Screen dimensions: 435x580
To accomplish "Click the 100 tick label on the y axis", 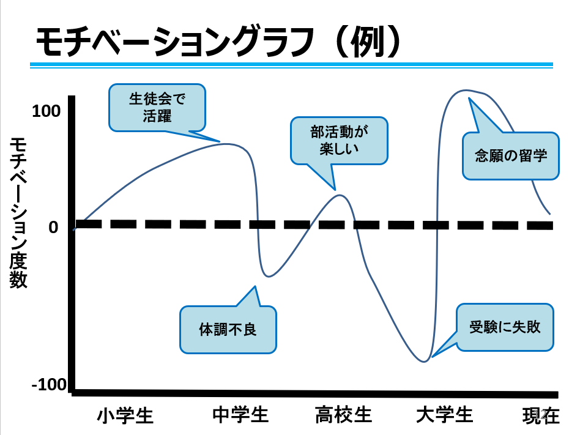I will pos(46,111).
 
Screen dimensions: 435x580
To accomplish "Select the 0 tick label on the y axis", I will pos(53,227).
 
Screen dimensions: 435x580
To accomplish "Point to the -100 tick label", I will pos(48,385).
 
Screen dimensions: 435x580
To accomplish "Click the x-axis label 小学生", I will pos(125,415).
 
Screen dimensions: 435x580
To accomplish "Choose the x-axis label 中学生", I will pos(240,415).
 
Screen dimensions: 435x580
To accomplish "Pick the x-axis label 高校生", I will pos(344,415).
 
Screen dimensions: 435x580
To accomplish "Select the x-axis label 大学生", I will pos(445,415).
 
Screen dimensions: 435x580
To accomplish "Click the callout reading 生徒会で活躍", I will pos(157,107).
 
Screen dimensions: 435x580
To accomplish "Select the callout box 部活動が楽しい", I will pos(339,140).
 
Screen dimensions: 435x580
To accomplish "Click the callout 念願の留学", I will pos(510,155).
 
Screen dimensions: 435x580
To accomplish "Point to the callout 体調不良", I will pos(228,329).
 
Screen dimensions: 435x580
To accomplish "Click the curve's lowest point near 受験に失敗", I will pos(424,362).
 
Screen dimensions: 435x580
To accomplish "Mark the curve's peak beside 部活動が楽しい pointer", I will pos(340,195).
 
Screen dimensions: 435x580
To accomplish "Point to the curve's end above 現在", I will pos(550,214).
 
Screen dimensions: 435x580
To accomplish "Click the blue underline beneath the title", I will pos(292,65).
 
